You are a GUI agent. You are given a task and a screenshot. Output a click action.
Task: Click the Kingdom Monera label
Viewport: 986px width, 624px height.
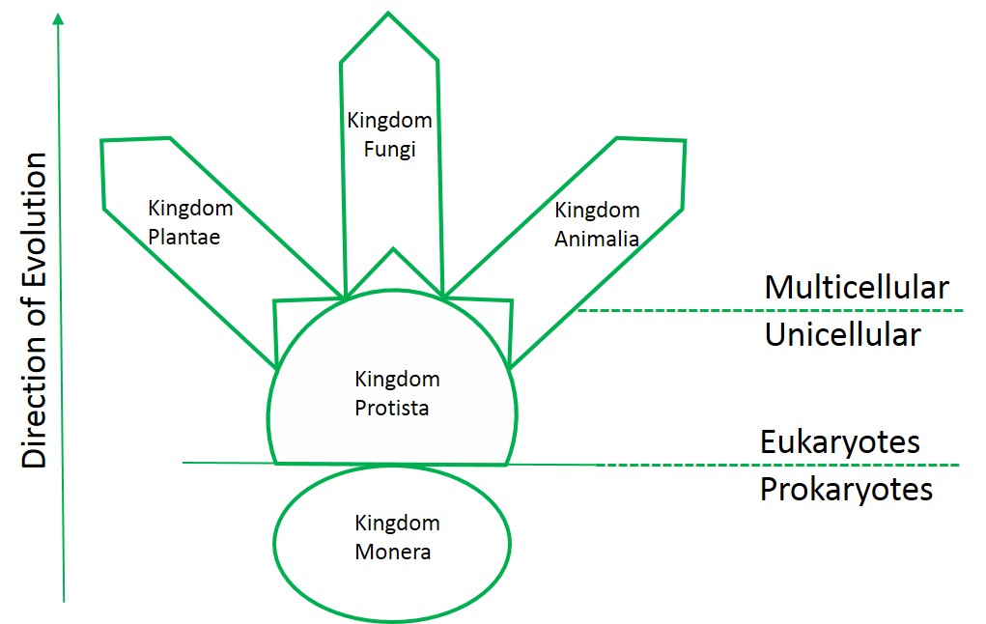(x=397, y=538)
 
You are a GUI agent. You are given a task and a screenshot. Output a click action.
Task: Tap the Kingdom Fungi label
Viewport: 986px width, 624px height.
(x=389, y=136)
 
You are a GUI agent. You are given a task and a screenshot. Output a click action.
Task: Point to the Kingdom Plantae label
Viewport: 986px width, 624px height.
(x=190, y=222)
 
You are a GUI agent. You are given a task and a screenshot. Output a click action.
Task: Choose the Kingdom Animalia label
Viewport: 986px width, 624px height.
(x=597, y=224)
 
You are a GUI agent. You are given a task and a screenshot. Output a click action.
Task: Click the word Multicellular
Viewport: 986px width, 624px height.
(x=856, y=287)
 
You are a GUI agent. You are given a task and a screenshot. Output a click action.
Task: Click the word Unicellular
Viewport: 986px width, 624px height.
(x=842, y=335)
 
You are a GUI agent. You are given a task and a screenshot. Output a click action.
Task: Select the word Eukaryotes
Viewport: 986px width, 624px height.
(x=839, y=441)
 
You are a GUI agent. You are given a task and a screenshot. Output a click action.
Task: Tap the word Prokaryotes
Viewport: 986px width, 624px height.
(x=846, y=489)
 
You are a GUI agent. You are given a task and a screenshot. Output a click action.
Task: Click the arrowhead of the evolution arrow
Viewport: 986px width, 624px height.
(x=60, y=19)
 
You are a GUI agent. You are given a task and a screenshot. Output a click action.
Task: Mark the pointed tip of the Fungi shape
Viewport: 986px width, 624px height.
(x=388, y=14)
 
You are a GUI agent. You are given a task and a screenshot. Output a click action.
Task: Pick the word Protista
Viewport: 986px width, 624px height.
(x=392, y=409)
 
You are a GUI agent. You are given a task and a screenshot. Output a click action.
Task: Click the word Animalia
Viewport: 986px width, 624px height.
(x=597, y=240)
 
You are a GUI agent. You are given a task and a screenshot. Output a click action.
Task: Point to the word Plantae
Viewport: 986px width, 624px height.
(x=184, y=237)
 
